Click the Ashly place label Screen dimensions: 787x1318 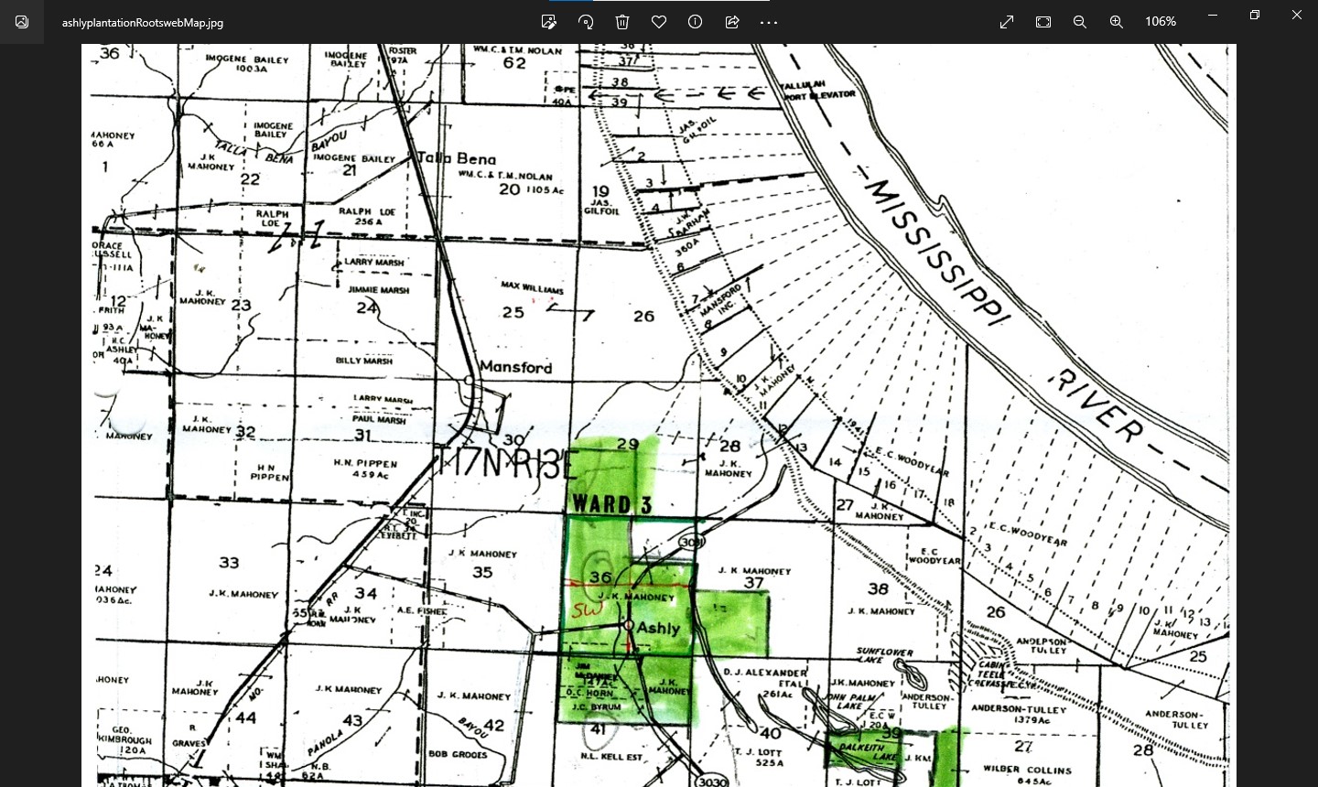click(x=658, y=628)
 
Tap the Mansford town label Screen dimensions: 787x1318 click(x=516, y=367)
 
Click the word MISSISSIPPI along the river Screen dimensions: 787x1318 click(x=935, y=251)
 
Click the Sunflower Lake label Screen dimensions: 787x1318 click(x=884, y=655)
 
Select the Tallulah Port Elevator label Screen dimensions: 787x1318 click(x=817, y=90)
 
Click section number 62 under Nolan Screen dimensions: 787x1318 click(x=514, y=63)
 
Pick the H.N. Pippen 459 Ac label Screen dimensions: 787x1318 click(x=364, y=469)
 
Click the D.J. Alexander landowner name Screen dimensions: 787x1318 click(x=765, y=673)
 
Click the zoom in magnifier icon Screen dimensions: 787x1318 click(x=1117, y=22)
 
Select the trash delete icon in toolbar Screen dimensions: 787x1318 click(x=622, y=22)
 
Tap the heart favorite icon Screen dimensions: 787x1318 click(x=659, y=22)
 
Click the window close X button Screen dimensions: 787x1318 click(x=1296, y=16)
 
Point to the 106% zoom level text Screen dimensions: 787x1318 click(x=1161, y=22)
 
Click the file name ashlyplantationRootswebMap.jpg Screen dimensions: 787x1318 click(x=143, y=23)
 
